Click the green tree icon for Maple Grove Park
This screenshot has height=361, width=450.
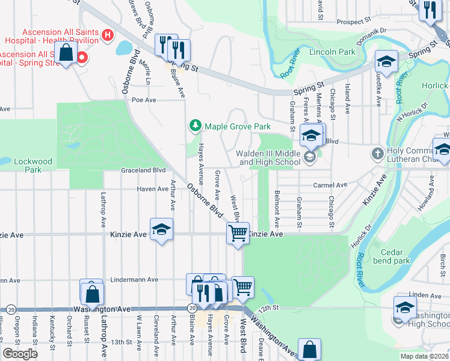(x=195, y=126)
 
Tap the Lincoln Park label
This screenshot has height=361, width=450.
(x=332, y=52)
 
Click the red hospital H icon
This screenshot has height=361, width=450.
(x=108, y=35)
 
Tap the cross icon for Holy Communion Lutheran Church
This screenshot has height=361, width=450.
(x=377, y=153)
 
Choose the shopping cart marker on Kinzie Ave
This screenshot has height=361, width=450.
(x=238, y=232)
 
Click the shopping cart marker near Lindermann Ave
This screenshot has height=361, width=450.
(x=242, y=288)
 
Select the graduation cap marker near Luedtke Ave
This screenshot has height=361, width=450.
(x=386, y=61)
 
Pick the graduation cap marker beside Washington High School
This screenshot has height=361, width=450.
(x=405, y=308)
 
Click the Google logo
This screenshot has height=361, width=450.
(x=20, y=354)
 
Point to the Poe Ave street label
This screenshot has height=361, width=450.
(x=144, y=100)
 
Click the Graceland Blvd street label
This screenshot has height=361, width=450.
(x=143, y=170)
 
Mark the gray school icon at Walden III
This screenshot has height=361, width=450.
(x=310, y=158)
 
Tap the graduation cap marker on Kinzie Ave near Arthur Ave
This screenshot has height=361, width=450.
(x=161, y=229)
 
